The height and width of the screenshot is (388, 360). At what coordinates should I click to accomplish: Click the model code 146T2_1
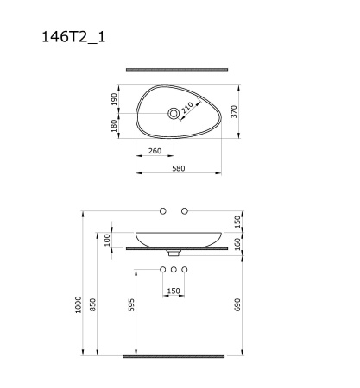73,37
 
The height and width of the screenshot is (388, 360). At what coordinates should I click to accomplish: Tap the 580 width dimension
180,169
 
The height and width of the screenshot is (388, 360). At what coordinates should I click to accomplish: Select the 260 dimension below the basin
155,152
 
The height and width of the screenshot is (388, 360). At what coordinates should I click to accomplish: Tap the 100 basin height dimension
107,239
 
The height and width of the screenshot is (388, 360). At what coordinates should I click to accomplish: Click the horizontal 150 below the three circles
174,291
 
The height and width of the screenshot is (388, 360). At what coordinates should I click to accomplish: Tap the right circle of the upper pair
184,211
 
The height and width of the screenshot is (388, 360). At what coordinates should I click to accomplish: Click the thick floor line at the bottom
174,355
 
